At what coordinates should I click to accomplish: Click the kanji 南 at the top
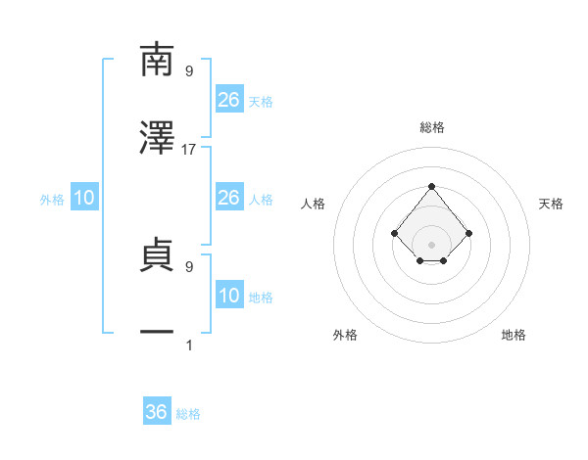pos(157,60)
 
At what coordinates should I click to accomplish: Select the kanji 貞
pos(157,254)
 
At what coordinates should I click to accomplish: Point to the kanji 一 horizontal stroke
pos(157,334)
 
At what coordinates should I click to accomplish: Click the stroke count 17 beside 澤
pos(189,149)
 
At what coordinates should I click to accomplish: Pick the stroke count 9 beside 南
pos(189,70)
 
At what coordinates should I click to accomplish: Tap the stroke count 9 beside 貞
pos(189,265)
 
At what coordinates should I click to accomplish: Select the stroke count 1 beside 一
pos(189,345)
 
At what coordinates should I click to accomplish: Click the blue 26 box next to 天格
pos(229,99)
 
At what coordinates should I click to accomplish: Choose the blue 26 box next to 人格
pos(229,198)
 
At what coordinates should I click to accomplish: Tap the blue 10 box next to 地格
pos(229,296)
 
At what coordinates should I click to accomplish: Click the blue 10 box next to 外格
pos(85,198)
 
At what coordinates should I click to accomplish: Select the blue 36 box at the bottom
pos(157,412)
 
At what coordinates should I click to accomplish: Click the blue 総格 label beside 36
pos(188,414)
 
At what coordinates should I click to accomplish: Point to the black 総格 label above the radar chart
pos(431,127)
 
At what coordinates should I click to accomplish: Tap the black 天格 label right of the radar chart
pos(551,204)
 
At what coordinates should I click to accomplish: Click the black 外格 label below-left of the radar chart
pos(345,335)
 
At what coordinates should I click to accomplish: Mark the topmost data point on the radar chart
pos(431,186)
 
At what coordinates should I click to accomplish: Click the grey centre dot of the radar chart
pos(431,244)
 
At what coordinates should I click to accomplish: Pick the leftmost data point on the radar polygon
pos(394,233)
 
